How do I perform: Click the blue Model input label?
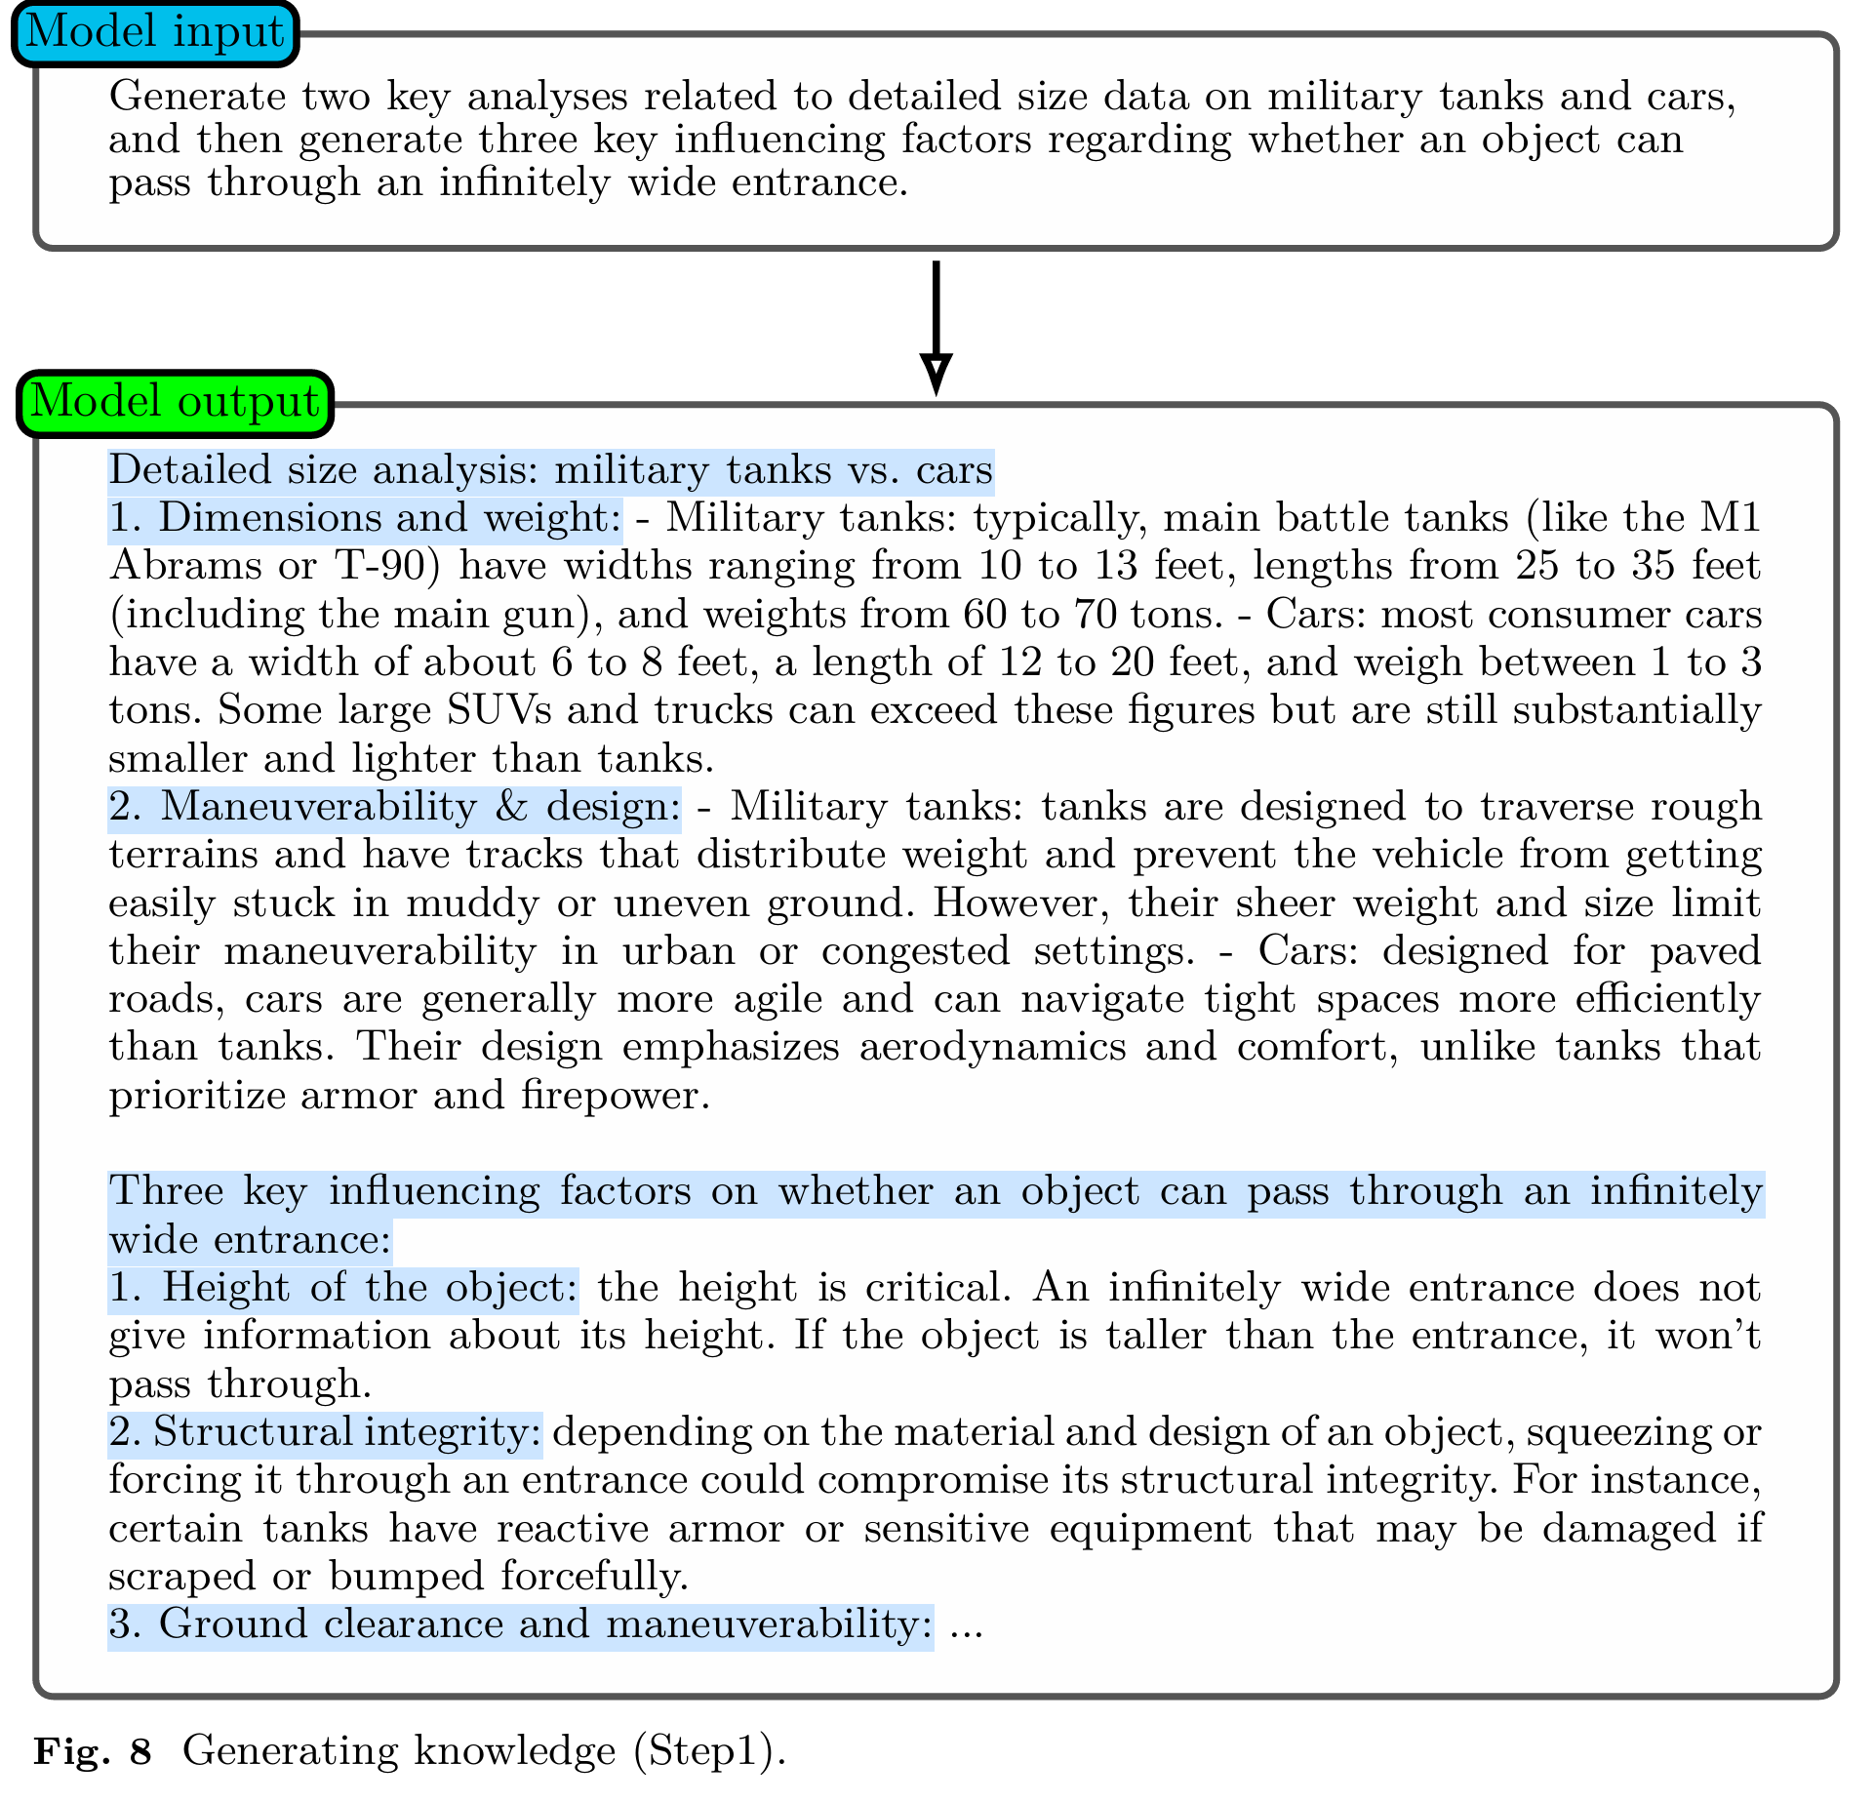154,33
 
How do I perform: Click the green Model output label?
176,402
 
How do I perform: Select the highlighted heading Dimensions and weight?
364,518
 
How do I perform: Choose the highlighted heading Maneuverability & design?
394,807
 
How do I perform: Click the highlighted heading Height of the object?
343,1288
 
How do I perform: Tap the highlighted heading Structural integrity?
325,1432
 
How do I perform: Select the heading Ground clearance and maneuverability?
520,1624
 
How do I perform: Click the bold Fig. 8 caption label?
94,1751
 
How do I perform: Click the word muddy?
472,902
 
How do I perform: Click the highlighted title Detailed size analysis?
550,470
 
